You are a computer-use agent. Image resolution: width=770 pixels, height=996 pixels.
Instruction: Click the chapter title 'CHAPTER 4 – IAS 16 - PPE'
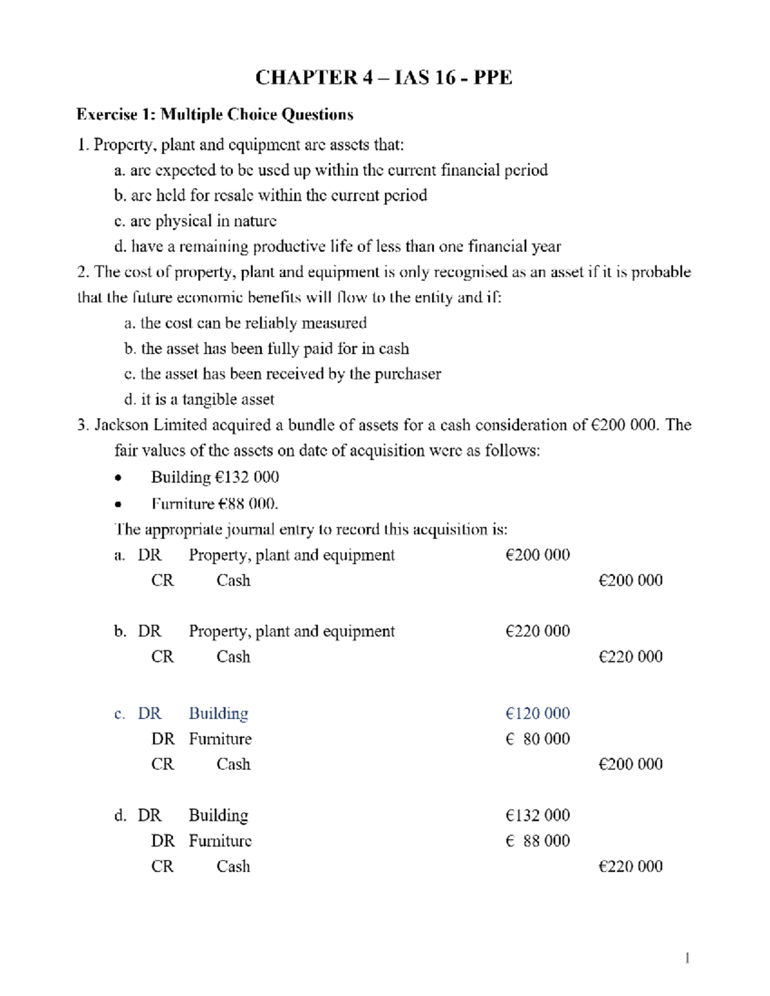(x=384, y=78)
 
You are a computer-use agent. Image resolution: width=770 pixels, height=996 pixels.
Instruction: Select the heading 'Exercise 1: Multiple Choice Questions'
(x=214, y=115)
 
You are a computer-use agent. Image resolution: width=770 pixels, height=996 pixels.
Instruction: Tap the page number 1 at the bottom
(x=687, y=958)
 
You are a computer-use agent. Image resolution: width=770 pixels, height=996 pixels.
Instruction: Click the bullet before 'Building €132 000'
(x=117, y=478)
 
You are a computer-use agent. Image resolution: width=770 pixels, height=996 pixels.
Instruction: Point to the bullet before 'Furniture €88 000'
(x=117, y=505)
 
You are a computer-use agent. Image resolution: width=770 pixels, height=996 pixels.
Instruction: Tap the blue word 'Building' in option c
(x=218, y=714)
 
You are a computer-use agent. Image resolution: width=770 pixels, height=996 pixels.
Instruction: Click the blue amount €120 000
(x=537, y=714)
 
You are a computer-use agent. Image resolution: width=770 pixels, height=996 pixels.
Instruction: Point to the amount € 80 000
(x=537, y=739)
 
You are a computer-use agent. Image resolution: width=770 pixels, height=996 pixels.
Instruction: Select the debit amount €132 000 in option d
(x=537, y=815)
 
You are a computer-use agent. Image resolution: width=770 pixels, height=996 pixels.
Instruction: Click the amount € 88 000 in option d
(x=537, y=841)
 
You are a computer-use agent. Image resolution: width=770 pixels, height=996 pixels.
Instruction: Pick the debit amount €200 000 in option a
(x=537, y=555)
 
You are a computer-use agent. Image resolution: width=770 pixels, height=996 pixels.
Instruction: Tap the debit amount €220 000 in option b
(x=537, y=631)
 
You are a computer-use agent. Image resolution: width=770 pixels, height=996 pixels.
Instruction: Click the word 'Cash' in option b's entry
(x=233, y=657)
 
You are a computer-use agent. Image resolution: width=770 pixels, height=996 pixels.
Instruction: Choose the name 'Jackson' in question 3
(x=121, y=425)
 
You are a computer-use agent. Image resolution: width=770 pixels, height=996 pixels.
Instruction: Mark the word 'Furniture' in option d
(x=220, y=841)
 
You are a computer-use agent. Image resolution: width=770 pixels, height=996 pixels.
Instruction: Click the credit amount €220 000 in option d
(x=630, y=866)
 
